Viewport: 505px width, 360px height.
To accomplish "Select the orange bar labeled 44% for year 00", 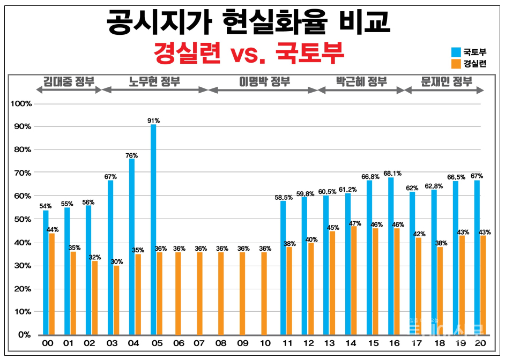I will (x=52, y=284).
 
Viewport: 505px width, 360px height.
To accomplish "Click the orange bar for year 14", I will (x=354, y=281).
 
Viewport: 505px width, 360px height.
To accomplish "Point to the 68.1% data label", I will (x=392, y=174).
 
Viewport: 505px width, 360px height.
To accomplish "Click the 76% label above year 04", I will (x=132, y=155).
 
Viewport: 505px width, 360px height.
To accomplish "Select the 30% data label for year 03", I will (x=117, y=261).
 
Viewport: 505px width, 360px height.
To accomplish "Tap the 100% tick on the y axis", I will (x=21, y=103).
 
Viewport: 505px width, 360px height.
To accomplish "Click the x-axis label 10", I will (x=264, y=344).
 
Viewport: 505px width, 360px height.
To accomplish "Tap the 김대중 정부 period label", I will (x=68, y=82).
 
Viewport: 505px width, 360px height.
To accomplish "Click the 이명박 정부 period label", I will (x=264, y=82).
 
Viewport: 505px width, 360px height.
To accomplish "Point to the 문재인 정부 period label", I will (x=446, y=82).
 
